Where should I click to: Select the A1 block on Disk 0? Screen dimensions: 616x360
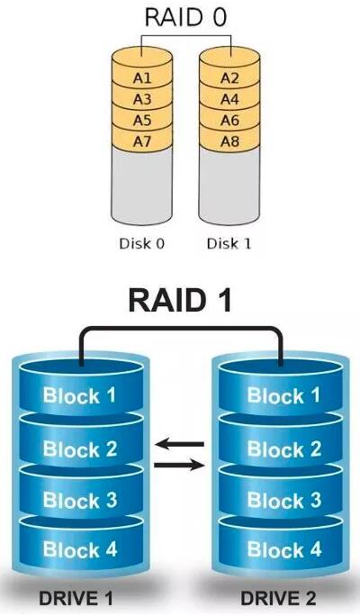click(142, 77)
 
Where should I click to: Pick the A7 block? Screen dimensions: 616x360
click(142, 140)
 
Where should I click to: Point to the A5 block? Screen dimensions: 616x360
click(142, 120)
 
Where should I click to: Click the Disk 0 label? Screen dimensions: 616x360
click(141, 243)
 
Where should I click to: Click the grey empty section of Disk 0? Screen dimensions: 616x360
click(142, 185)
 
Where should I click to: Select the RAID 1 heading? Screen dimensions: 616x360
click(180, 301)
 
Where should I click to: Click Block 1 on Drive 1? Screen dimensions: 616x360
click(79, 395)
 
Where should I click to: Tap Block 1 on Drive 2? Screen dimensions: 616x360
click(282, 395)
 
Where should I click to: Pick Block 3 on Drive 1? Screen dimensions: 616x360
click(79, 500)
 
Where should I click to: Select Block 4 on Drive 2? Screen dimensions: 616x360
click(282, 549)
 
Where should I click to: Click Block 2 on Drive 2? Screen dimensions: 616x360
click(282, 448)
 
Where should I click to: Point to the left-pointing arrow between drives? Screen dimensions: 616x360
click(180, 443)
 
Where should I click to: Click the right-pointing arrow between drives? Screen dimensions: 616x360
click(180, 465)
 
